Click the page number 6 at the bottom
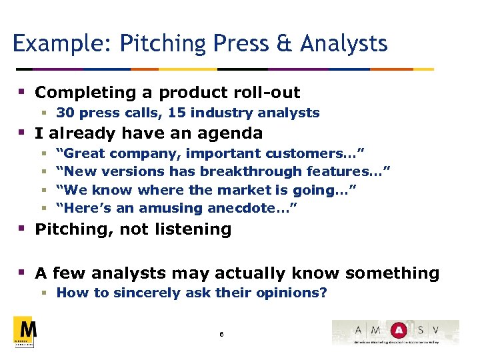pyautogui.click(x=221, y=333)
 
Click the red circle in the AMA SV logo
pyautogui.click(x=398, y=329)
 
